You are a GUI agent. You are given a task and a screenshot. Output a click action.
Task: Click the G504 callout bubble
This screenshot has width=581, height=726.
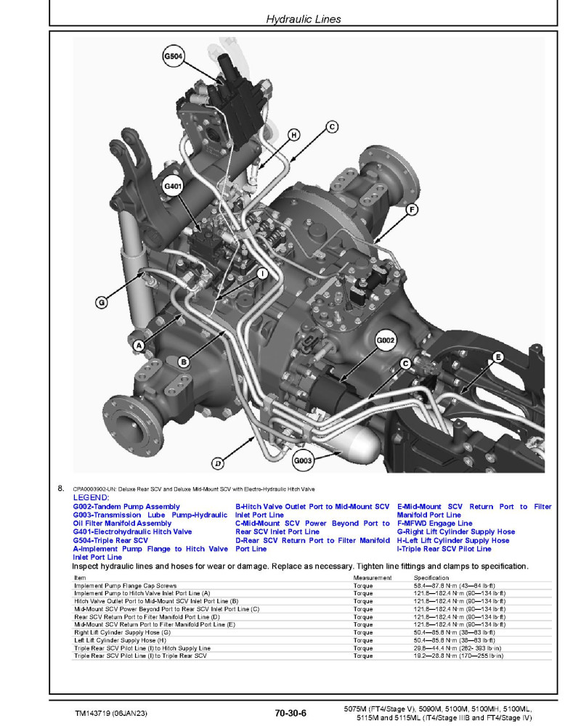coord(174,55)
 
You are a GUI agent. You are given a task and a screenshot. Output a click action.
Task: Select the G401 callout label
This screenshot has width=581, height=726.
coord(174,187)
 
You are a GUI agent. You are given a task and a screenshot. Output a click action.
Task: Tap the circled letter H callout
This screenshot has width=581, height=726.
coord(293,134)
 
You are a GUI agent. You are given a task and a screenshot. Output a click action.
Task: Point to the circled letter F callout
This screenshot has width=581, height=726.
coord(412,210)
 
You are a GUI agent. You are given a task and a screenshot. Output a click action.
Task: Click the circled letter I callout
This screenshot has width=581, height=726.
coord(262,274)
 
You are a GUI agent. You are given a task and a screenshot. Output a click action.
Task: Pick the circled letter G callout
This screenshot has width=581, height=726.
coord(102,301)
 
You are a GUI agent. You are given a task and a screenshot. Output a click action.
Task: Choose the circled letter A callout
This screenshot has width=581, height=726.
coord(139,346)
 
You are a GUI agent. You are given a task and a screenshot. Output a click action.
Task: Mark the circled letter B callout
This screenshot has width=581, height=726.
coord(184,361)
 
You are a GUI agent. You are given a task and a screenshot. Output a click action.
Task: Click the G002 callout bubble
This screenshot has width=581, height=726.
coord(386,340)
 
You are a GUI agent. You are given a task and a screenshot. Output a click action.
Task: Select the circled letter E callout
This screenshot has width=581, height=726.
coord(497,356)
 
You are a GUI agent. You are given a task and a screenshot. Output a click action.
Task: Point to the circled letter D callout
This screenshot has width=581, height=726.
coord(217,462)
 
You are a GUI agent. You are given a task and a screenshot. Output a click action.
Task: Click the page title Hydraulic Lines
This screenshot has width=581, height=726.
coord(304,19)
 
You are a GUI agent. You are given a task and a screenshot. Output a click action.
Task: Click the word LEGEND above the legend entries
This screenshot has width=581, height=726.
coord(91,498)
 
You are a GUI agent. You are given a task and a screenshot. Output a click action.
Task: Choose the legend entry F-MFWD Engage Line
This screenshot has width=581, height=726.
coord(434,523)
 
